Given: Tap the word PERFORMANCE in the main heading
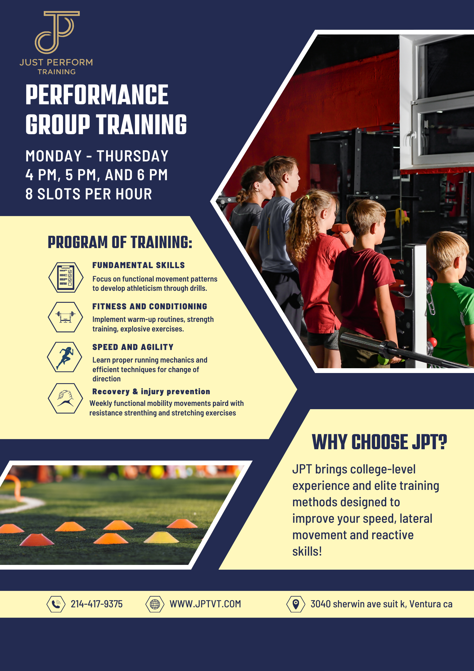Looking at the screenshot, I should point(97,95).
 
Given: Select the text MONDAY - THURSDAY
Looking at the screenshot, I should point(97,156).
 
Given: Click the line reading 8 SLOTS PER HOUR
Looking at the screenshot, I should point(89,194).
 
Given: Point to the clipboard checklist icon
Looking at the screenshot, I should point(66,277).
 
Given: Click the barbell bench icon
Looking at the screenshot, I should point(65,317).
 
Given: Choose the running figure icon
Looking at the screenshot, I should point(65,357).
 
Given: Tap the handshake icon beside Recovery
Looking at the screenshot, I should point(65,398).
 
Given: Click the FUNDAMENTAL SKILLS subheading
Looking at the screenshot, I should point(139,265).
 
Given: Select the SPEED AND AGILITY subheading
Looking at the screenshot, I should point(133,347).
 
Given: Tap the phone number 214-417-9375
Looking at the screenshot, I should point(96,604).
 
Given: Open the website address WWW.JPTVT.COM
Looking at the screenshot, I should point(205,604).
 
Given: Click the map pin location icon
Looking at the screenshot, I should point(296,604).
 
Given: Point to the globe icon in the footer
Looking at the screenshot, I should point(155,604).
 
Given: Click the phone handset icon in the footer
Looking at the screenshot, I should point(56,604).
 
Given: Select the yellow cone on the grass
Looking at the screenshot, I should point(162,538).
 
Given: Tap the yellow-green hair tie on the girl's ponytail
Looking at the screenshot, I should point(307,197).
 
